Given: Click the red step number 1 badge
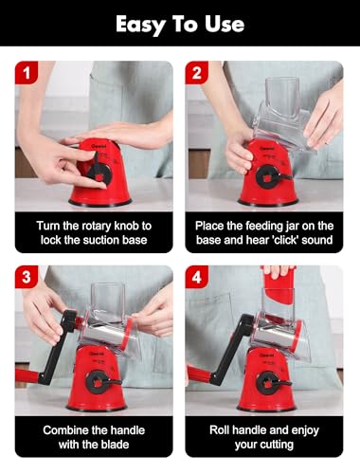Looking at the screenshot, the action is click(27, 73).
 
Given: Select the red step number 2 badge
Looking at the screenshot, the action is click(196, 73).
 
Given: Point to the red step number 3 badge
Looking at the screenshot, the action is click(27, 277).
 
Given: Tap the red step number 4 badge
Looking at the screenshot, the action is click(196, 277).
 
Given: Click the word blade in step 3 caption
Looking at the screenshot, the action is click(113, 445).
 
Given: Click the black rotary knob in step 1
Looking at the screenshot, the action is click(99, 173).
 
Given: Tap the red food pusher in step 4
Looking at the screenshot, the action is click(279, 285).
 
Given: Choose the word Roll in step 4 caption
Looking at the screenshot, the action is click(220, 430).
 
